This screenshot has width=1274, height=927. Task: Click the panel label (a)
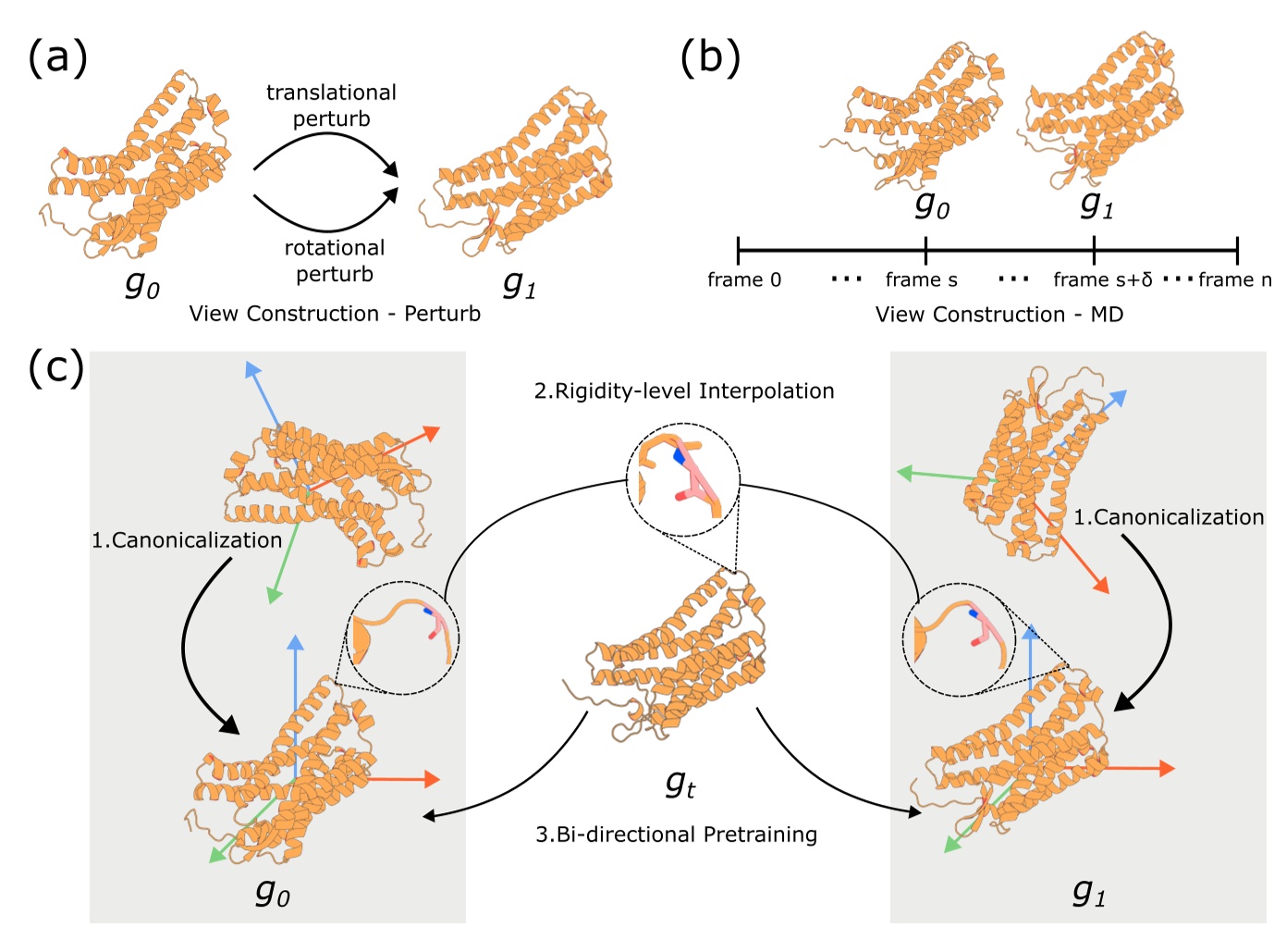(57, 57)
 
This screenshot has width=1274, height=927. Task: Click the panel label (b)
(709, 57)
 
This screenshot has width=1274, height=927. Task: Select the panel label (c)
(55, 367)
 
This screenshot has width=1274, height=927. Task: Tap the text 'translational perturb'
(331, 105)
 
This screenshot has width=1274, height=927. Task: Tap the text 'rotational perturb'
(334, 261)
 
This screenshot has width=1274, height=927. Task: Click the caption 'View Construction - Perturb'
(335, 314)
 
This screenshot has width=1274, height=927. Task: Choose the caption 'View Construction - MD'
(998, 315)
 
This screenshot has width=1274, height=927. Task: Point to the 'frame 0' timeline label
(744, 279)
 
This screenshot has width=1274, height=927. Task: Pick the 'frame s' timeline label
(921, 279)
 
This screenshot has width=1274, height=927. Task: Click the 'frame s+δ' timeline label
(1102, 279)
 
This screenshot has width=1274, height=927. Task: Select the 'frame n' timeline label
(1234, 279)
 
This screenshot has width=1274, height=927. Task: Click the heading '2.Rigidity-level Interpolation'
(684, 391)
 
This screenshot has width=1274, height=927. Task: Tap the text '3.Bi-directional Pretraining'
(677, 834)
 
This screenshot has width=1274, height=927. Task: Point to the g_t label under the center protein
(680, 785)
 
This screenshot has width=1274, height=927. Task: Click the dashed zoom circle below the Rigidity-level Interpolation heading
(683, 479)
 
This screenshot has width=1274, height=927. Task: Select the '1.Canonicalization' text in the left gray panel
(187, 540)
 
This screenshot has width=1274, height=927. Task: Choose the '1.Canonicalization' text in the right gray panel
(1169, 517)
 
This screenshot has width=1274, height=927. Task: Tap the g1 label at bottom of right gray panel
(1088, 892)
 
